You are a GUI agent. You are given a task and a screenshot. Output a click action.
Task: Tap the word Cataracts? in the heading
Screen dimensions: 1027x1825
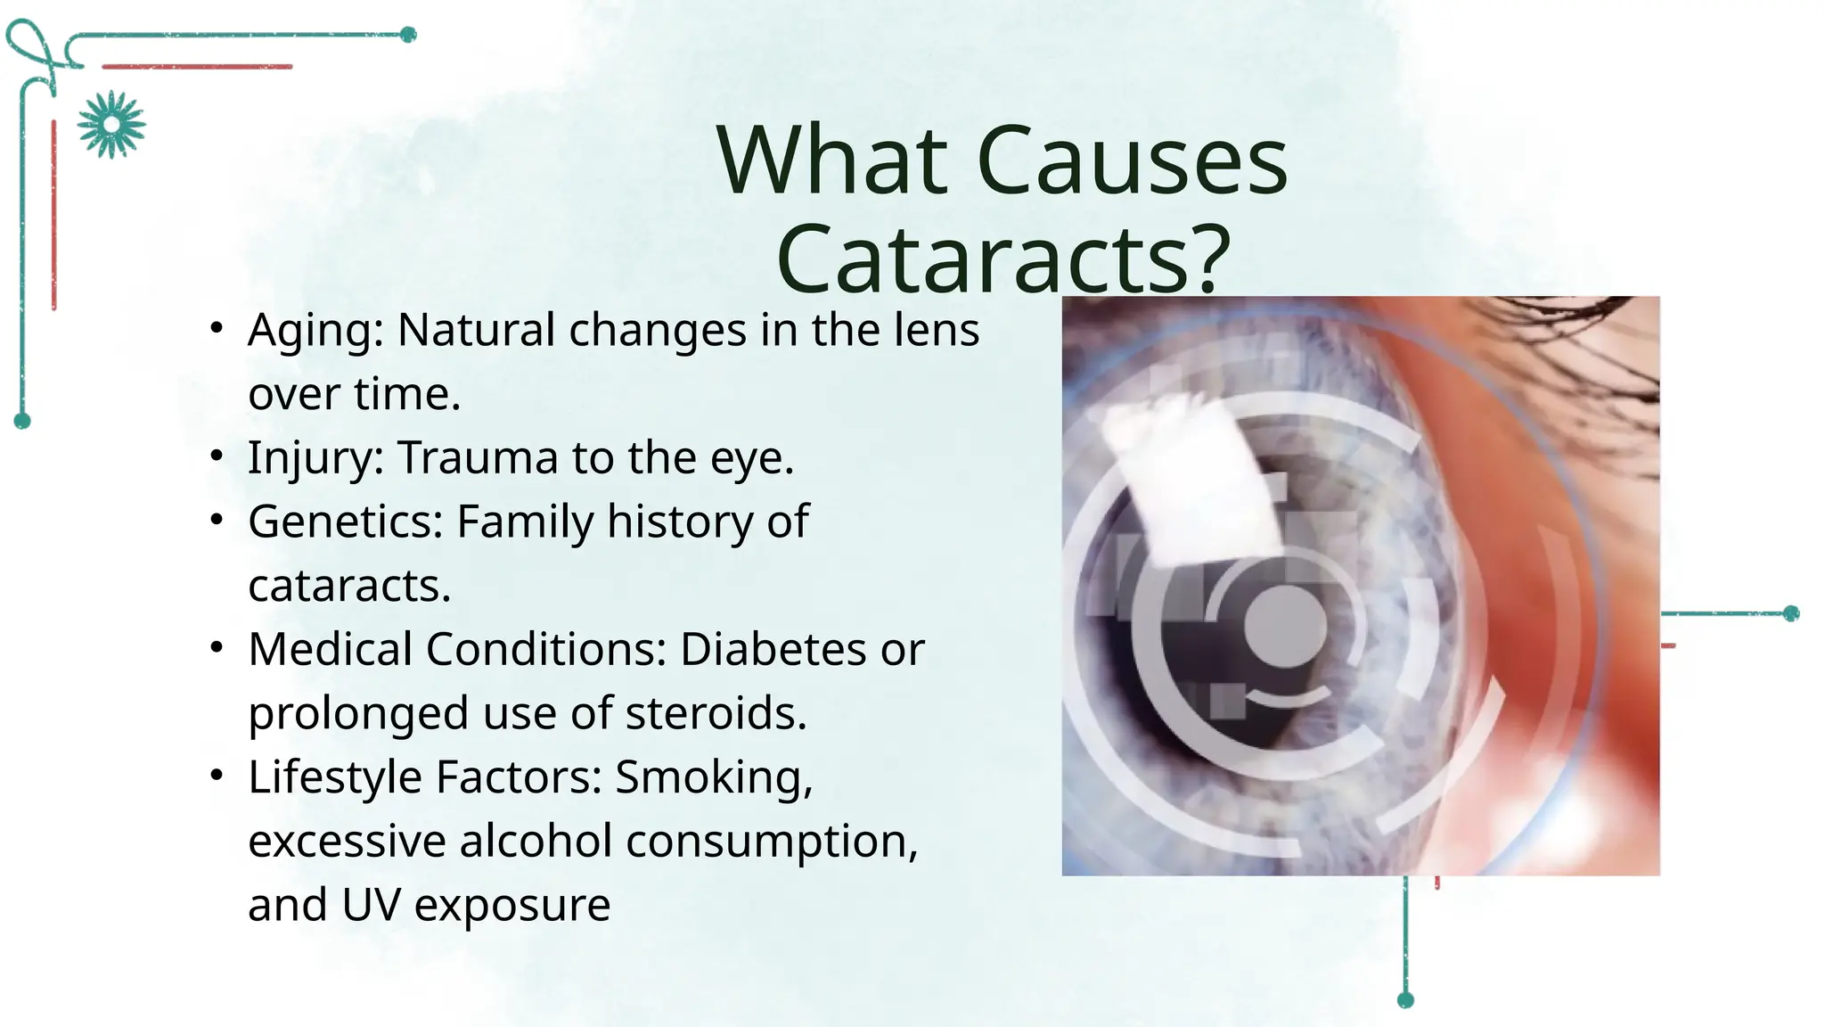point(1003,259)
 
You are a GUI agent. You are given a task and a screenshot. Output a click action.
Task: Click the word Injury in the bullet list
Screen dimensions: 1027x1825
point(315,459)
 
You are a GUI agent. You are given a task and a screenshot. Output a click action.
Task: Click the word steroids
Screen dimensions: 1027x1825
point(716,713)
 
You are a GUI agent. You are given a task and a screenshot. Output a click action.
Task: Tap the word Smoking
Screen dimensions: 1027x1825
point(713,777)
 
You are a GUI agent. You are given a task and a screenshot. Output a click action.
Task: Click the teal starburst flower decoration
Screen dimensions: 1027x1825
point(111,124)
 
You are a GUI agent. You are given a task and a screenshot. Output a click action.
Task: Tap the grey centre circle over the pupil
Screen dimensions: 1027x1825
point(1283,626)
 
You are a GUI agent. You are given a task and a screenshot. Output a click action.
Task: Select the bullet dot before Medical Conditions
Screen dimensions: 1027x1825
point(217,648)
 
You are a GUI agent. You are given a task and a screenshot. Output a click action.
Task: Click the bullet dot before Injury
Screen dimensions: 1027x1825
point(217,456)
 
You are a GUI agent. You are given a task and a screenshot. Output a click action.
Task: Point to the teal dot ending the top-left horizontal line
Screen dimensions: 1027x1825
point(408,35)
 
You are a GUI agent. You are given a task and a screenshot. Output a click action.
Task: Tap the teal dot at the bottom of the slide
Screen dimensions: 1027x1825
point(1405,999)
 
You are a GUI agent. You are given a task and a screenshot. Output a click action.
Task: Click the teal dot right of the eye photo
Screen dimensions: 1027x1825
point(1791,613)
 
